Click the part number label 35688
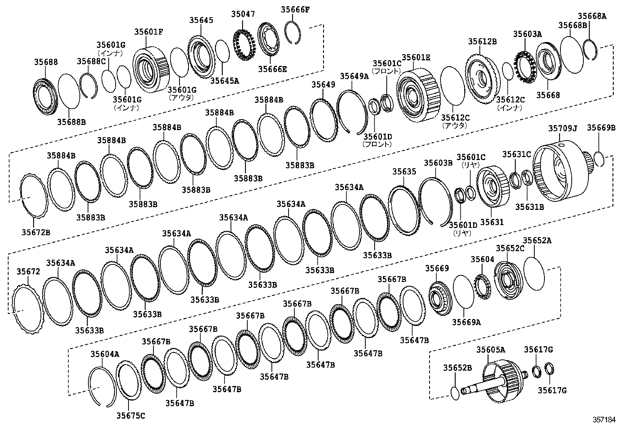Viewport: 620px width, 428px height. [x=46, y=62]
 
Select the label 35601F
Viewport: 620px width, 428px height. [x=149, y=32]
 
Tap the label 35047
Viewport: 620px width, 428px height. [x=243, y=14]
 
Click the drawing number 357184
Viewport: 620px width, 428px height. [x=604, y=420]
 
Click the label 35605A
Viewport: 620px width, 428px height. [x=490, y=350]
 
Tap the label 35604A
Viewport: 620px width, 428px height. [x=105, y=354]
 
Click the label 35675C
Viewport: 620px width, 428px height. [x=130, y=416]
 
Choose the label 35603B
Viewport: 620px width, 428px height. [x=438, y=163]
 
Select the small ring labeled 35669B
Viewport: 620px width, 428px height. [x=599, y=159]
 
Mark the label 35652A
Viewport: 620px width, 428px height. [x=537, y=241]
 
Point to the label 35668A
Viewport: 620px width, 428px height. [x=592, y=16]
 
